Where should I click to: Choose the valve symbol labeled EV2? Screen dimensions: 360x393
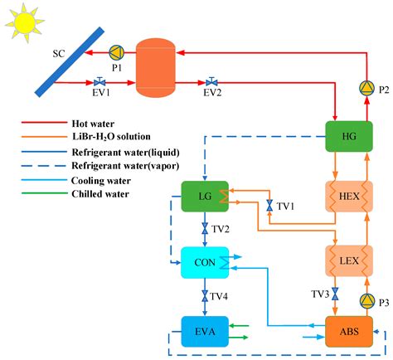[x=212, y=82]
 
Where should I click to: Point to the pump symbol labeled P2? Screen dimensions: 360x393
[x=366, y=87]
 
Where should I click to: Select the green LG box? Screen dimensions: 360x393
[x=204, y=197]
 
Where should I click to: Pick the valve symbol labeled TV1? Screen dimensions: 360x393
[x=269, y=205]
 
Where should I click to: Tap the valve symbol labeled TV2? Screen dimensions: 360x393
[x=204, y=227]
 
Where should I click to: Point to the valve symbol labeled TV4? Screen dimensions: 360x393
[x=204, y=294]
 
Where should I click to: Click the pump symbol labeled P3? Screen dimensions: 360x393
[x=366, y=300]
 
